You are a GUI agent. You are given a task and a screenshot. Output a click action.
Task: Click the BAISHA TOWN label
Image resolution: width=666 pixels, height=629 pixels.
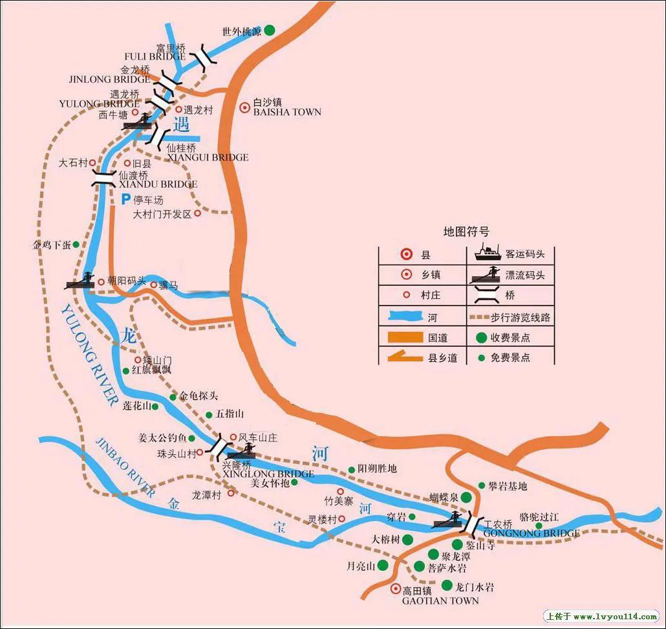pos(287,112)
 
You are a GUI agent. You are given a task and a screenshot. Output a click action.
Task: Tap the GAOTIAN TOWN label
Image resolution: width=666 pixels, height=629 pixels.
pos(440,601)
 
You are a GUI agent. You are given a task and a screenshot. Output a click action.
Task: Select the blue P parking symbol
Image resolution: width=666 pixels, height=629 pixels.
pos(127,200)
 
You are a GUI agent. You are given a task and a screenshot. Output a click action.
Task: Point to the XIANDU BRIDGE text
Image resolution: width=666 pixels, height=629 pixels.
pos(158,184)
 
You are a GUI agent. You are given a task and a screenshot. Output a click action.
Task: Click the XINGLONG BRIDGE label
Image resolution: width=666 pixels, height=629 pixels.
pos(268,474)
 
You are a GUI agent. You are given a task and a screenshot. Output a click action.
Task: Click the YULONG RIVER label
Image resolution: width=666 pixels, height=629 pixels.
pos(87,357)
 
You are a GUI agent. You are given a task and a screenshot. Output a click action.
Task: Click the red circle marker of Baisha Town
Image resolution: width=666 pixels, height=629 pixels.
pos(244,108)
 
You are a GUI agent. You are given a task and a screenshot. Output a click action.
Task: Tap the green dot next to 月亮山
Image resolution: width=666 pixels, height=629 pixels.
pos(383,565)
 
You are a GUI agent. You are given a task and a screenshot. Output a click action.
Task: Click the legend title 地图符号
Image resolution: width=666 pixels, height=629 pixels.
pos(466,232)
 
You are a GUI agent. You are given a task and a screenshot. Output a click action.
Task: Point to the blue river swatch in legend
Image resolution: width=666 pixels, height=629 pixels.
pos(405,317)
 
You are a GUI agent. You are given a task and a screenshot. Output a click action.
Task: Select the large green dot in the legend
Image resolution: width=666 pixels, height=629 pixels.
pos(480,338)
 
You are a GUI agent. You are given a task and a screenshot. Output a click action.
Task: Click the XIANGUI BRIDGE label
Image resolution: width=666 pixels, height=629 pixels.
pos(207,157)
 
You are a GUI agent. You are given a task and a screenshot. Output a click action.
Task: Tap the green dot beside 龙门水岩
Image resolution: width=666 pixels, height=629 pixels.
pos(446,586)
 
